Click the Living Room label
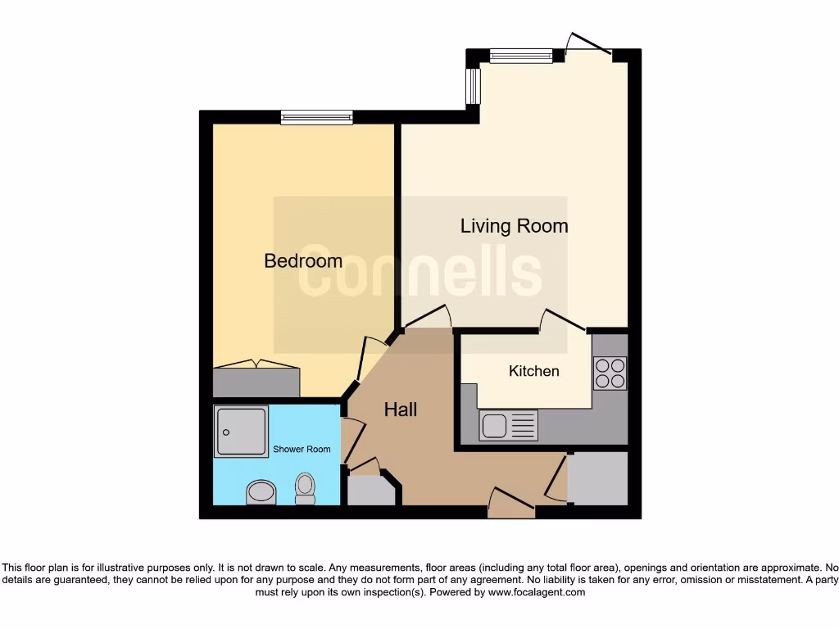(x=514, y=226)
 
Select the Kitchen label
(x=533, y=371)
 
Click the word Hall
(x=401, y=410)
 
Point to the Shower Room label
(x=302, y=449)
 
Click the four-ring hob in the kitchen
(x=610, y=373)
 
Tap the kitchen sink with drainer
(x=509, y=426)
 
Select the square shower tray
(x=241, y=431)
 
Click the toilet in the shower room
(x=305, y=490)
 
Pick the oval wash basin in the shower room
(x=261, y=492)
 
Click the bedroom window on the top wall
(x=316, y=117)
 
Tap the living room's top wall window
(x=521, y=56)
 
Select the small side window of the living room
(x=472, y=86)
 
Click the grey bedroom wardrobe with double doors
(x=256, y=382)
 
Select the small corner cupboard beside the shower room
(x=370, y=490)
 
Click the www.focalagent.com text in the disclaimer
(x=537, y=592)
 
